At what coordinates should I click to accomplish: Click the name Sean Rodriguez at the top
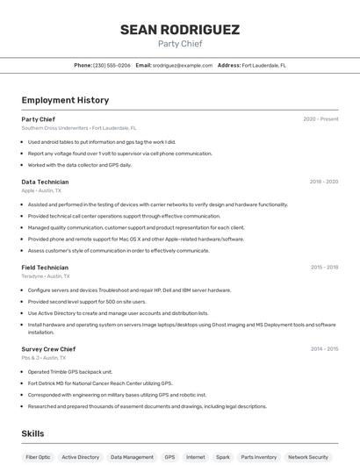179,30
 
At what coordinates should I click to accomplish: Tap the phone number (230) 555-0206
112,65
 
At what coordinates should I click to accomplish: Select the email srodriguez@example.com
183,65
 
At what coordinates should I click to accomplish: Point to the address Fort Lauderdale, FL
263,65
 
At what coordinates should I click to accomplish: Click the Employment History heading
65,100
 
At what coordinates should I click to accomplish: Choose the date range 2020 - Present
320,119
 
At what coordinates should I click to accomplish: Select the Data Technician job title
45,182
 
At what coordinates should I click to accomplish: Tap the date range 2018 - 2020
323,182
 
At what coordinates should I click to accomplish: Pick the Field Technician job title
45,268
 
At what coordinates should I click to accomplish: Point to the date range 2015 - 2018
324,268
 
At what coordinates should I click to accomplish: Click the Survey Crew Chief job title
48,349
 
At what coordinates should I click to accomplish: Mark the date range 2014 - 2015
324,349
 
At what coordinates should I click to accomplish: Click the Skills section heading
32,433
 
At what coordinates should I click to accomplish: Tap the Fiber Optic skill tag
38,457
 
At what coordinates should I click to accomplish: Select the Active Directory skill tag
82,457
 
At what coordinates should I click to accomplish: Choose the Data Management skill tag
132,457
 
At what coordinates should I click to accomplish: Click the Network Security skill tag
308,457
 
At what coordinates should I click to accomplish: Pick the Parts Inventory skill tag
259,457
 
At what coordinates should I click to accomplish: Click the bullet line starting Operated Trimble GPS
70,371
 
